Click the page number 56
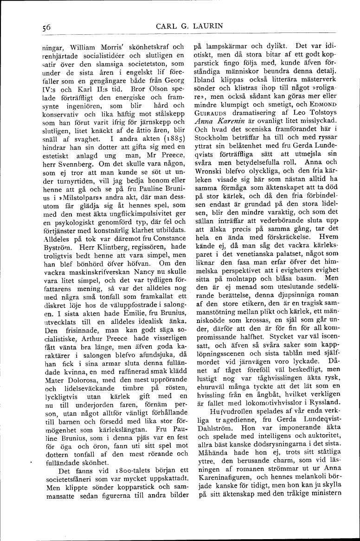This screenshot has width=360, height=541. [45, 28]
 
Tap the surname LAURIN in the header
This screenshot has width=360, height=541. [221, 27]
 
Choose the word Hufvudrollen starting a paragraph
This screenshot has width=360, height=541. [221, 411]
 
